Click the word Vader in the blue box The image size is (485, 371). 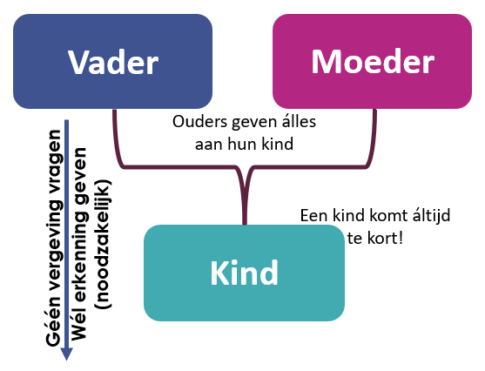pos(113,62)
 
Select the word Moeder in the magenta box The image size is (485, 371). pos(373,62)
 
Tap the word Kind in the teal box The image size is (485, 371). pos(245,273)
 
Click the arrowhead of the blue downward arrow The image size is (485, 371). pos(66,354)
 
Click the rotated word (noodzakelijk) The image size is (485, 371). pos(103,244)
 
